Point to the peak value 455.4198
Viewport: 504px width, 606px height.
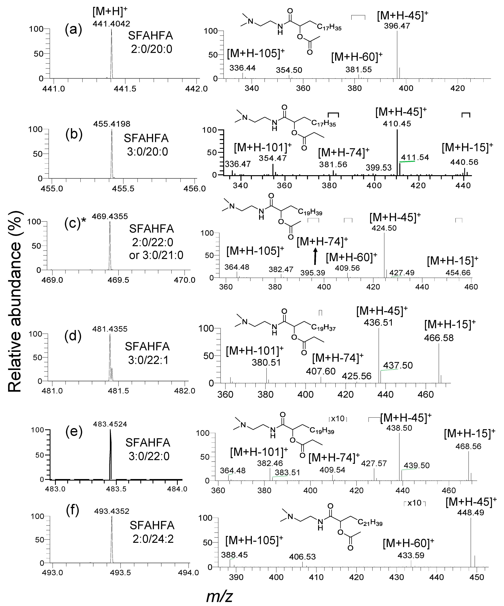[x=112, y=124]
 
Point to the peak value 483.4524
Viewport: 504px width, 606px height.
[x=110, y=424]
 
